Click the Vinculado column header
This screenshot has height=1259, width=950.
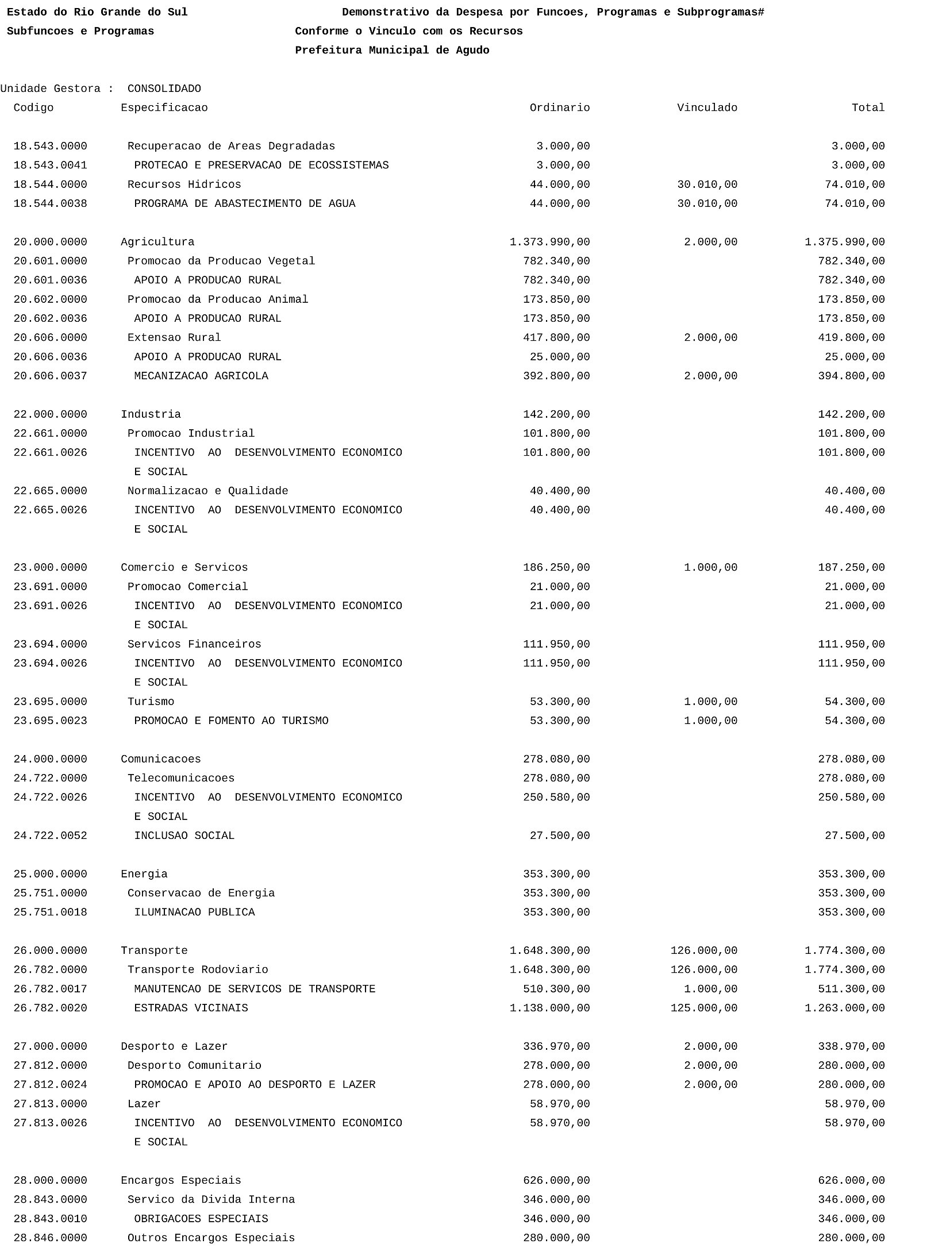click(x=707, y=108)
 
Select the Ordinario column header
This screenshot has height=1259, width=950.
click(x=559, y=108)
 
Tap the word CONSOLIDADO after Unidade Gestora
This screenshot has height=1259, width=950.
click(x=164, y=89)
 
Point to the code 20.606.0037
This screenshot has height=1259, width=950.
click(x=50, y=376)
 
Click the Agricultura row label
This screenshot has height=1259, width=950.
click(x=157, y=242)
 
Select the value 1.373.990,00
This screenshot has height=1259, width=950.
click(x=549, y=242)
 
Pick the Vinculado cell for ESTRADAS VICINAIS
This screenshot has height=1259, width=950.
click(x=703, y=1008)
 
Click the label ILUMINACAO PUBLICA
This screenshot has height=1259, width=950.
click(x=194, y=913)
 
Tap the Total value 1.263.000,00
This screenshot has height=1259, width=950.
click(x=844, y=1008)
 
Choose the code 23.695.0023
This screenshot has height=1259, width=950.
click(x=50, y=721)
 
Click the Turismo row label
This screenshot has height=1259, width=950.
click(x=151, y=702)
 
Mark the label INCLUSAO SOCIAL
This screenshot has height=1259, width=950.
click(x=184, y=836)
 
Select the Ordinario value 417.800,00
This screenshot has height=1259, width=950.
click(x=556, y=338)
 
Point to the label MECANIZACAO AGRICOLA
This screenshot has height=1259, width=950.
click(x=201, y=376)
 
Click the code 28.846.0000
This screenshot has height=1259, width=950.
click(x=50, y=1238)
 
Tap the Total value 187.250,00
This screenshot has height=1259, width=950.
click(x=851, y=568)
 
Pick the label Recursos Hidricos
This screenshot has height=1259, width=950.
click(x=184, y=185)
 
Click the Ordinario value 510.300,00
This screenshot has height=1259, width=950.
click(x=556, y=990)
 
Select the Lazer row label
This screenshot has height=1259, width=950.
click(x=144, y=1104)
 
